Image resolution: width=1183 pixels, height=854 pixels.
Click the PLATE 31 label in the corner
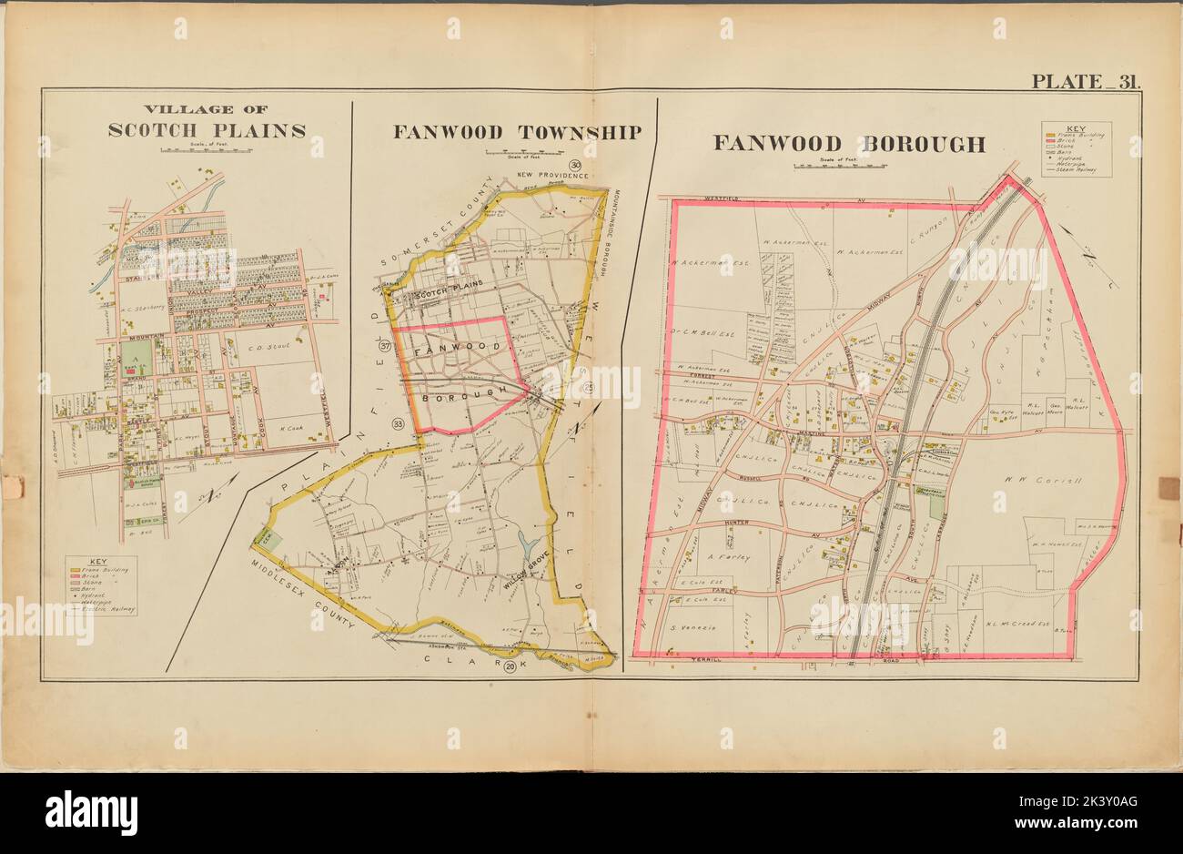pos(1085,81)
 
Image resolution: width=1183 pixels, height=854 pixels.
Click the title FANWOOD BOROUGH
pos(848,144)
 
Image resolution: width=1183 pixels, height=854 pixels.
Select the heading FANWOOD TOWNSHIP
pos(517,132)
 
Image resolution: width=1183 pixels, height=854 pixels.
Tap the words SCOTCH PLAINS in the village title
pos(207,130)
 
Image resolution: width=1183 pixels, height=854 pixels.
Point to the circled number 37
pos(385,347)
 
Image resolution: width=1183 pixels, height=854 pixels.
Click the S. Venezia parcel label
pos(694,629)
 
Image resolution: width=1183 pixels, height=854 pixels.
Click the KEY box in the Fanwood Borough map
pos(1076,149)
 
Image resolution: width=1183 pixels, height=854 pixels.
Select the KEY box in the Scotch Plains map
pos(100,585)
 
